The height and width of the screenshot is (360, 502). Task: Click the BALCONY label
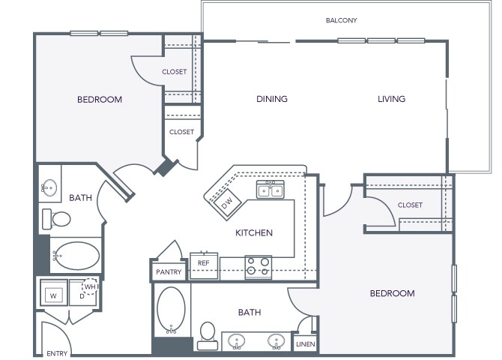341,20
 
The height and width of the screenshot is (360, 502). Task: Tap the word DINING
272,99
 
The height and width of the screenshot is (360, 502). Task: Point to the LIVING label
391,99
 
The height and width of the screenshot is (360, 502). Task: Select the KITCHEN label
254,233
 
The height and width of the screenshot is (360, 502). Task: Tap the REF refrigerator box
204,263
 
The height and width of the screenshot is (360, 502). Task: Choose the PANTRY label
169,271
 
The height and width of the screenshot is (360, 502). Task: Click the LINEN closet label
305,344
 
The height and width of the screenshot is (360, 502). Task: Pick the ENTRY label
56,353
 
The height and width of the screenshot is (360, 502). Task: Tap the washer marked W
52,294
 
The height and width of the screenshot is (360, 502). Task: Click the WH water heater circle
89,287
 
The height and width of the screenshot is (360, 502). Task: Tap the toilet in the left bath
57,219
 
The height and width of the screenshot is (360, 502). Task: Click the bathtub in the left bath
76,255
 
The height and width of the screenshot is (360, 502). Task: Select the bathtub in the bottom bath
171,309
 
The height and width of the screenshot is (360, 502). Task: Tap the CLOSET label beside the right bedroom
410,205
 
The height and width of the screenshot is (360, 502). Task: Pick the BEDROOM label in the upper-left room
100,99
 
